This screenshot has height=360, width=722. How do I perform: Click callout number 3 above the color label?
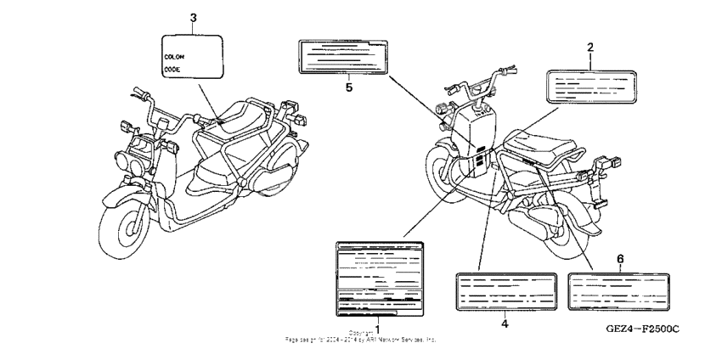click(193, 18)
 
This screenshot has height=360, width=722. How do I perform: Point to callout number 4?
click(505, 323)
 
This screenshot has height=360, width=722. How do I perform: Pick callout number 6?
click(620, 257)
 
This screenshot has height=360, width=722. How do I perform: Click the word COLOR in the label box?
click(175, 56)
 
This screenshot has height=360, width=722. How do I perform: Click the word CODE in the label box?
click(172, 69)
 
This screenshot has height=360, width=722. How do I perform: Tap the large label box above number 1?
click(379, 275)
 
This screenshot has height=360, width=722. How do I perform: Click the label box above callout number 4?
click(506, 291)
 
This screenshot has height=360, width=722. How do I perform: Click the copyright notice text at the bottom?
click(361, 336)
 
